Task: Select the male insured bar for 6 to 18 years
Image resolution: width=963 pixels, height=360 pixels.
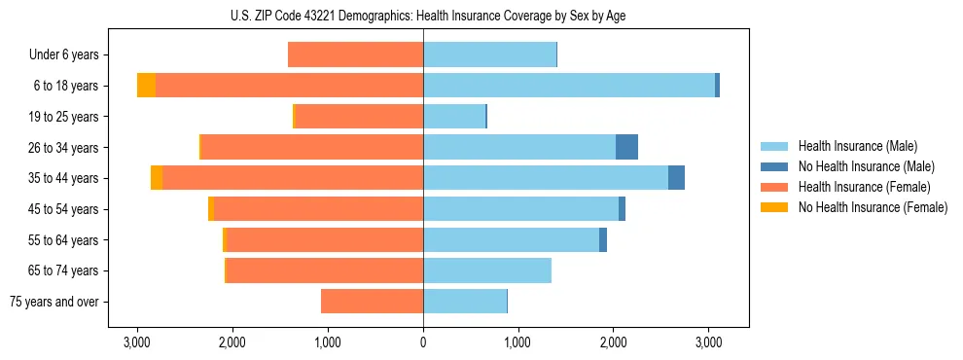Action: point(569,86)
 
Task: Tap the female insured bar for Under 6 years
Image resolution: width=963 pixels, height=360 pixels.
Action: point(355,54)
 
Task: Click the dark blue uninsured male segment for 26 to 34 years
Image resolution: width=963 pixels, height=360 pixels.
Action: point(626,147)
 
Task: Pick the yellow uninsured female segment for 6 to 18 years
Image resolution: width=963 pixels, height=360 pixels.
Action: point(146,86)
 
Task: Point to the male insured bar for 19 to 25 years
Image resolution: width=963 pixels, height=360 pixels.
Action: point(454,117)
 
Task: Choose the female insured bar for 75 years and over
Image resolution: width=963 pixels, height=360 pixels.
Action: point(372,302)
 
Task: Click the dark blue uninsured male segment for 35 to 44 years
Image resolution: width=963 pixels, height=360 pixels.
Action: point(676,178)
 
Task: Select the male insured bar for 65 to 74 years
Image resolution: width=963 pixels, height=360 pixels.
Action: point(487,270)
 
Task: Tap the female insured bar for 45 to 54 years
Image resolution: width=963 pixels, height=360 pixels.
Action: point(318,209)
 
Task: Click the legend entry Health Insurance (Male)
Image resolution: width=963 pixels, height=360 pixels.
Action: point(857,146)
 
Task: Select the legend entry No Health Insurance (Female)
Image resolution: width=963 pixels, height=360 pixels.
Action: point(872,207)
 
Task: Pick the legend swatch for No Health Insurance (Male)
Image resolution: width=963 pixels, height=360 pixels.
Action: point(774,166)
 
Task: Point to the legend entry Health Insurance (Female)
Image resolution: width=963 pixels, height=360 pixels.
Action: point(864,187)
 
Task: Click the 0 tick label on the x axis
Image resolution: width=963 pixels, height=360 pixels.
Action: point(423,342)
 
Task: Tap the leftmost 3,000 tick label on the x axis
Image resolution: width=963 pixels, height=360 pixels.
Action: point(137,342)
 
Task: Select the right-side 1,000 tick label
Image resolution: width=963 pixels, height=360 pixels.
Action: point(517,342)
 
